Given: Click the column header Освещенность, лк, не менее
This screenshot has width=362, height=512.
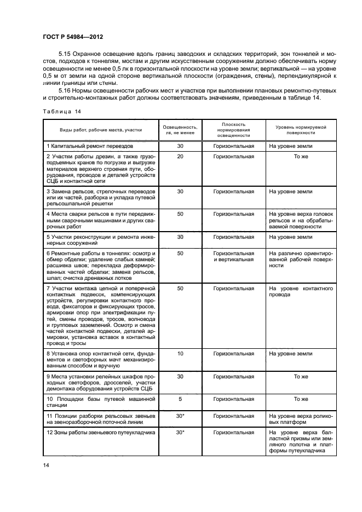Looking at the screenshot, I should point(181,130).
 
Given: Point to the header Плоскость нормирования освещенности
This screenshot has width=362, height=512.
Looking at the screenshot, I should point(234,130).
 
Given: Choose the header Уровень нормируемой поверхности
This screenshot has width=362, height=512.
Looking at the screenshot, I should point(300,130).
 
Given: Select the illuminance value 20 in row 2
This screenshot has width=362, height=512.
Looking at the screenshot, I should point(180,157).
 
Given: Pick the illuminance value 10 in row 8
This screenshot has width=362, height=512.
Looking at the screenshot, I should point(180,354).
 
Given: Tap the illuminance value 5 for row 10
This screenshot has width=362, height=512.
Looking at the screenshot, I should point(180,399).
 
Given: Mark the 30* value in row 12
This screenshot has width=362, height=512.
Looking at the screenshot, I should point(180,433).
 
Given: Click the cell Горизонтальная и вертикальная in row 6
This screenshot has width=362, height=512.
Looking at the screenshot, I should point(234,257).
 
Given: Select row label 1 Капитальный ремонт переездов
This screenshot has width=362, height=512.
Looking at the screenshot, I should point(90,147).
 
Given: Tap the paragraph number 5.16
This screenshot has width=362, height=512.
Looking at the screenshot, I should point(65,89).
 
